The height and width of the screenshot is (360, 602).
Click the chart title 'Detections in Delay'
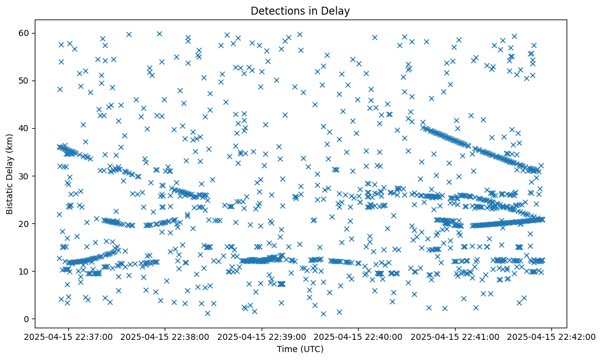(x=300, y=10)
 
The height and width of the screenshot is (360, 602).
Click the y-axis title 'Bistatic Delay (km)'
(x=10, y=165)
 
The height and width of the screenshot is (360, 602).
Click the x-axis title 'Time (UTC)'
(x=300, y=350)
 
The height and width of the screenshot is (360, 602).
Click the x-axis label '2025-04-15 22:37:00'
(x=69, y=336)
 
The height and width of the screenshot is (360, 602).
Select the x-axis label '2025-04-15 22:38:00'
(x=166, y=336)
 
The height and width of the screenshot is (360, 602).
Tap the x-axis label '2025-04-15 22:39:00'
(x=262, y=336)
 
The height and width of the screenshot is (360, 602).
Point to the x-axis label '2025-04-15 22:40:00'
(x=359, y=336)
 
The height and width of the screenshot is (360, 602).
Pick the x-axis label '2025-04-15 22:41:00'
(x=456, y=336)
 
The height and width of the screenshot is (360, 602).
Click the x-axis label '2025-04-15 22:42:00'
(x=552, y=336)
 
